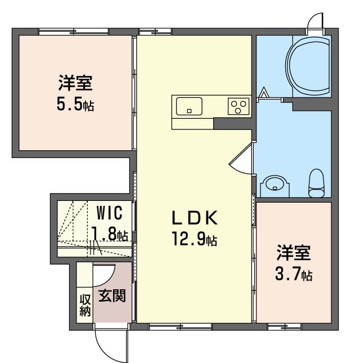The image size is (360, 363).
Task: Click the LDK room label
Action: [195, 218]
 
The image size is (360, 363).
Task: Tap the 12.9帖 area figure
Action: [194, 239]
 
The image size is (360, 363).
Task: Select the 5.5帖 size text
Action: [75, 105]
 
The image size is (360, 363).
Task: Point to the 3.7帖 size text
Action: [294, 274]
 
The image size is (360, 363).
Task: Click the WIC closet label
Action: [110, 213]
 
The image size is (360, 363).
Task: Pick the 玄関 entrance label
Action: [112, 295]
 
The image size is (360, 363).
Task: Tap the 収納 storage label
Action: [85, 305]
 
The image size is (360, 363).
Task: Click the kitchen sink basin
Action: [189, 106]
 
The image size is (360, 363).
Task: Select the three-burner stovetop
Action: [238, 106]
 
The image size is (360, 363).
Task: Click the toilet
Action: [316, 183]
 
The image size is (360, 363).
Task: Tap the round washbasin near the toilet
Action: [274, 183]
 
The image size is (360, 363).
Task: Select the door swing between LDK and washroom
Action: [241, 159]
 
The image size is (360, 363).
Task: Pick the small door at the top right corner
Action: [315, 24]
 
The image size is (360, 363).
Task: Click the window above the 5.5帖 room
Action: [74, 32]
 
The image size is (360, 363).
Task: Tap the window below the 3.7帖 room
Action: [285, 326]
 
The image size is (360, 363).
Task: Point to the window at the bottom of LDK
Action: [181, 326]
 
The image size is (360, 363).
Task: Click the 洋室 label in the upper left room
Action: [75, 83]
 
